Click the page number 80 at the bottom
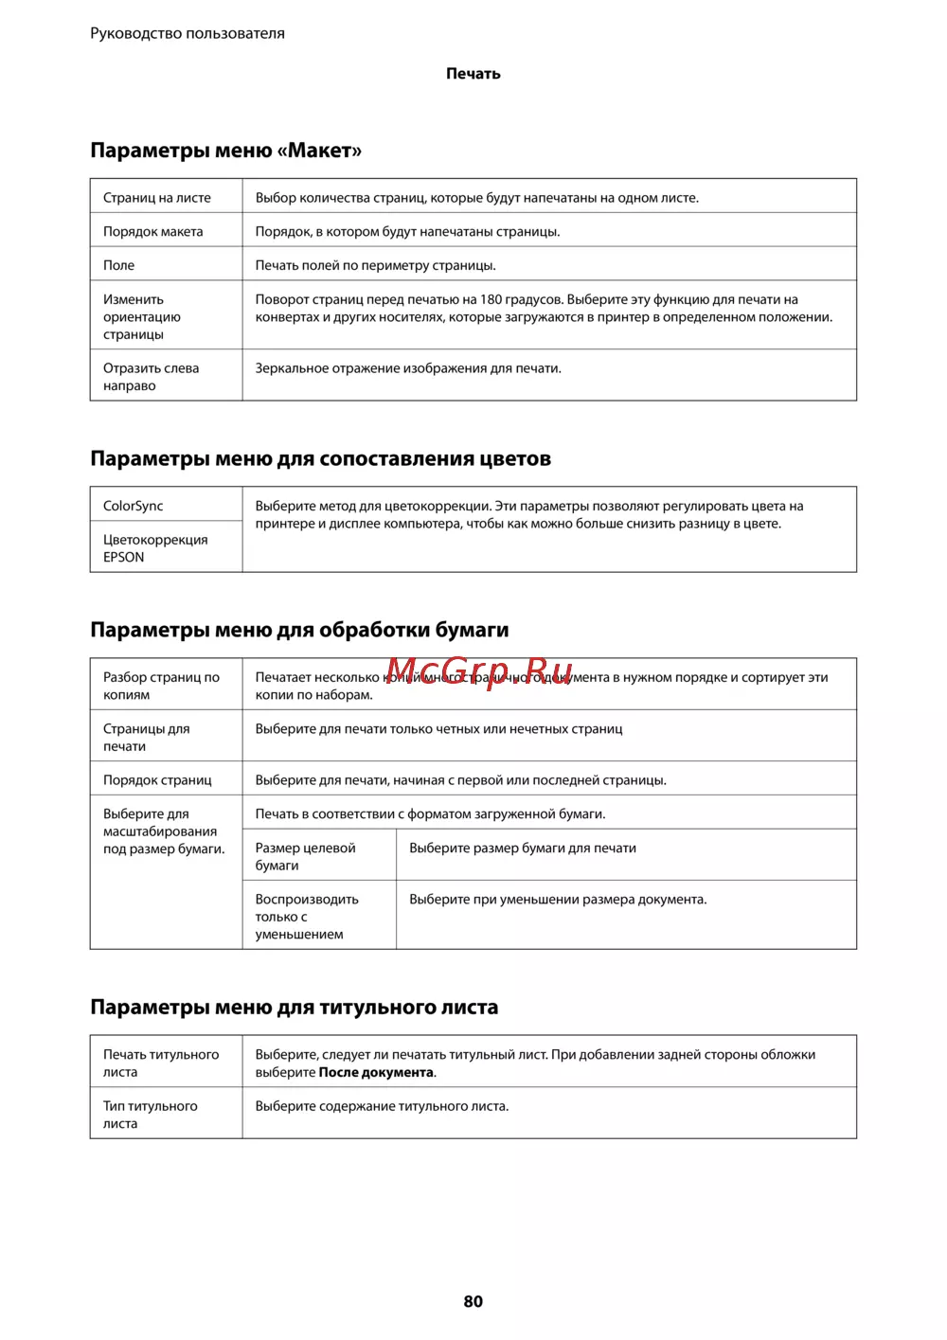(x=473, y=1301)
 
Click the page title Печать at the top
(x=473, y=74)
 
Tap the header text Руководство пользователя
(x=188, y=33)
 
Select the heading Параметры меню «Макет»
(x=225, y=151)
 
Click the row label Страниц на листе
(x=157, y=198)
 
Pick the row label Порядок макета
(x=152, y=232)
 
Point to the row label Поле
(x=118, y=265)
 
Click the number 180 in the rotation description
(x=491, y=299)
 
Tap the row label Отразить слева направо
(x=151, y=377)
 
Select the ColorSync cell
(x=133, y=506)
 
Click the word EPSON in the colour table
(x=124, y=558)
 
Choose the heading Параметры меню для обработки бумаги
(x=299, y=630)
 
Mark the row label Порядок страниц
(x=157, y=780)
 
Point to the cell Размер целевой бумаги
(x=305, y=857)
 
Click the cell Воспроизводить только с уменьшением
(x=306, y=917)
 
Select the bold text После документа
(x=376, y=1073)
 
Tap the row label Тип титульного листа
(x=150, y=1115)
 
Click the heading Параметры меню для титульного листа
(x=294, y=1008)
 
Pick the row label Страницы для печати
(x=146, y=738)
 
